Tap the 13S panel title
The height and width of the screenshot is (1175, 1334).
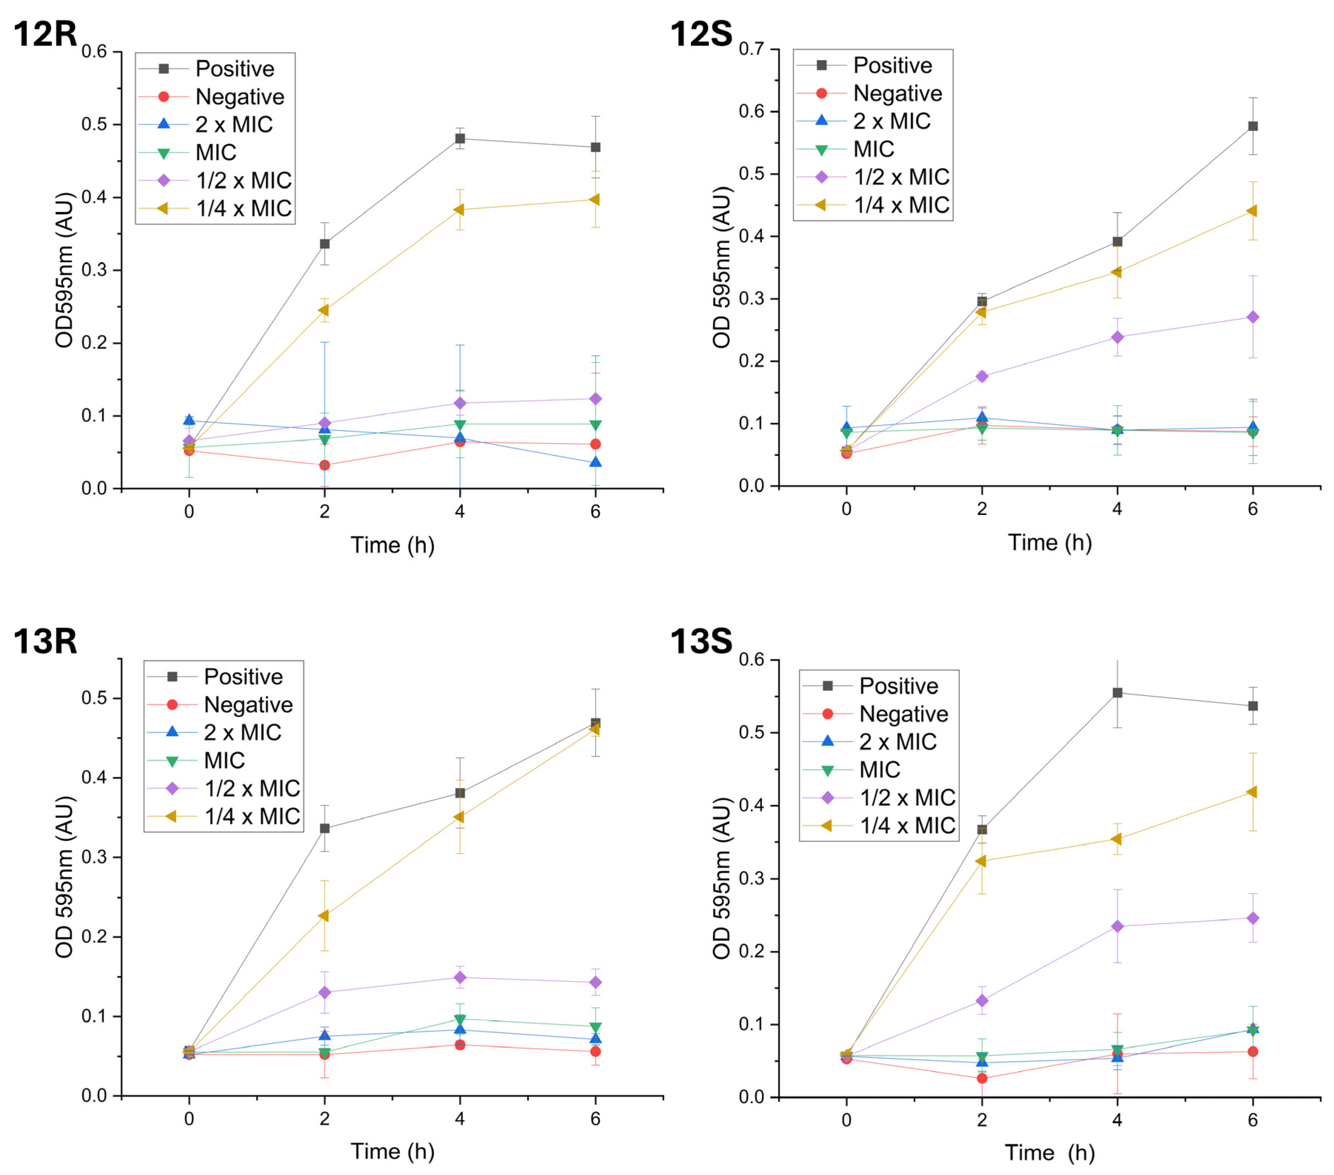point(702,641)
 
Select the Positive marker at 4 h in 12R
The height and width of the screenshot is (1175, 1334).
point(460,138)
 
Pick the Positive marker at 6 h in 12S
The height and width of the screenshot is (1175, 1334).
point(1253,126)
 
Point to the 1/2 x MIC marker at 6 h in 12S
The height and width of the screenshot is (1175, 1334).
point(1253,317)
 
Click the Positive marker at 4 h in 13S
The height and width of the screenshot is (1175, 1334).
point(1117,693)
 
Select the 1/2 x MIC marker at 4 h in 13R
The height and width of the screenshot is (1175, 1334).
point(460,977)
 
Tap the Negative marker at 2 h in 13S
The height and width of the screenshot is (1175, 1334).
point(982,1078)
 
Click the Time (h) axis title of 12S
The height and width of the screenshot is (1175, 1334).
point(1049,542)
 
